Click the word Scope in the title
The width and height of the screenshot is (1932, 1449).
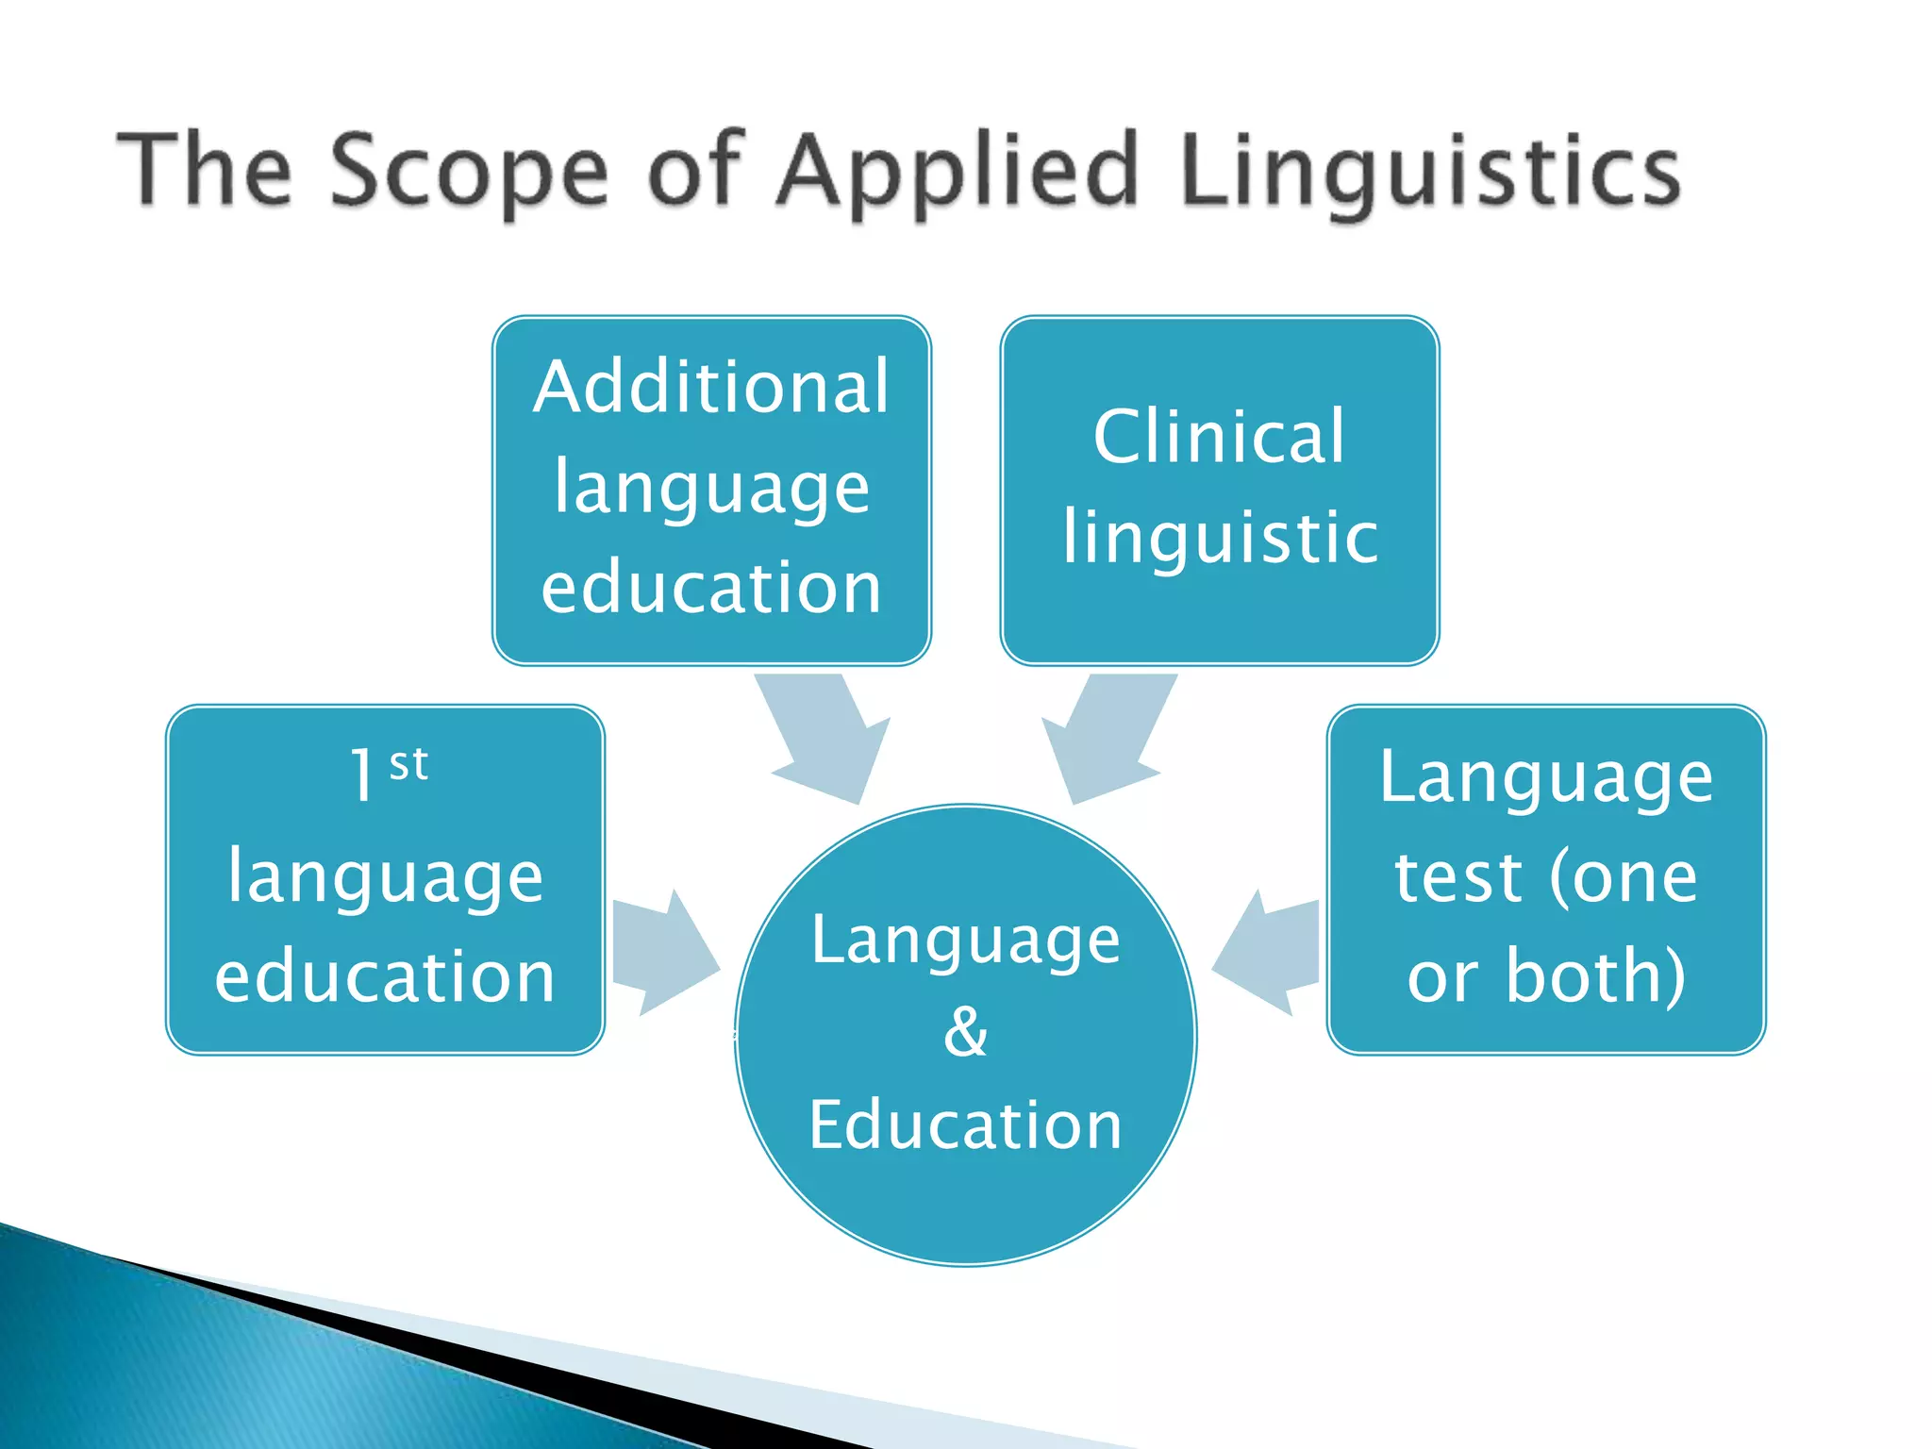[470, 172]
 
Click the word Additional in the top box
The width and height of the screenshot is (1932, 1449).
[711, 387]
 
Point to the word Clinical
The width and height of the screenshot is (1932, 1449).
[1219, 436]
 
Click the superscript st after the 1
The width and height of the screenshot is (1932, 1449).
[408, 763]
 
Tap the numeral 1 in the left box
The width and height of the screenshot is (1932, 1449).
[362, 776]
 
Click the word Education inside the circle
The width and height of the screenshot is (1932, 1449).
[965, 1124]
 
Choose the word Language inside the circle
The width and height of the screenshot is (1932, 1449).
[965, 941]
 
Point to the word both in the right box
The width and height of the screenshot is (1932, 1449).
[1594, 975]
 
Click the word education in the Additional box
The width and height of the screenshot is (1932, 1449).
[711, 588]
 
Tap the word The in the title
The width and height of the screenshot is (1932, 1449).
[204, 172]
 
